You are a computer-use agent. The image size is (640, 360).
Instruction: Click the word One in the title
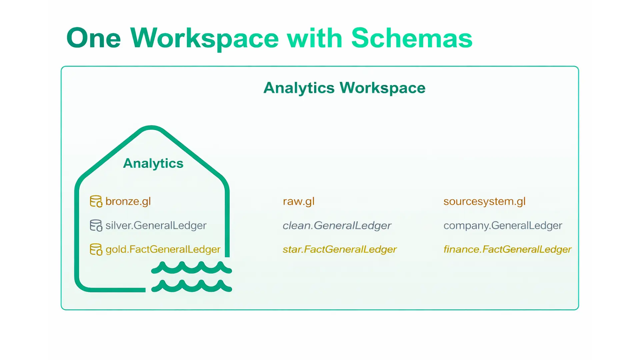94,38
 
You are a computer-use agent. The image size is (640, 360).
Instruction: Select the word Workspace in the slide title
204,39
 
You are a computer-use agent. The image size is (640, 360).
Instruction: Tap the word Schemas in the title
412,38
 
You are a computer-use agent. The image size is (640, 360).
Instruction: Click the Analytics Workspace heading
344,88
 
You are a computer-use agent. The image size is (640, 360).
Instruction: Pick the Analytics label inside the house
153,163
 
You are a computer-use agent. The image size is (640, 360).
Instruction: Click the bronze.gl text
128,201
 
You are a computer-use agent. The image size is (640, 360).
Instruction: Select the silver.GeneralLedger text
156,225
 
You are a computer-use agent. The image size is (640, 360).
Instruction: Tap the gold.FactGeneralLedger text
163,249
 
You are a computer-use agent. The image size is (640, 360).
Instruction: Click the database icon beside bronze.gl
96,201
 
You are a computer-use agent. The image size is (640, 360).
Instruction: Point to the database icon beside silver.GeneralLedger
96,225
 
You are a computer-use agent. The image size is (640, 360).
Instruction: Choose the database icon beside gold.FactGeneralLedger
96,249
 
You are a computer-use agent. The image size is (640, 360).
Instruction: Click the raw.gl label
299,201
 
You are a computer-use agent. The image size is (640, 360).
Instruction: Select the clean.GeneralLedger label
337,225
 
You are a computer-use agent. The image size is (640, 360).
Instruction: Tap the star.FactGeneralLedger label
340,249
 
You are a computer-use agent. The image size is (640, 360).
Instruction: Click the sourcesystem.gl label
484,201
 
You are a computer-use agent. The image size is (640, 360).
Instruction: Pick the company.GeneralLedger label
503,225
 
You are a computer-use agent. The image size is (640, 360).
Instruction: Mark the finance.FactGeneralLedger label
507,249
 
